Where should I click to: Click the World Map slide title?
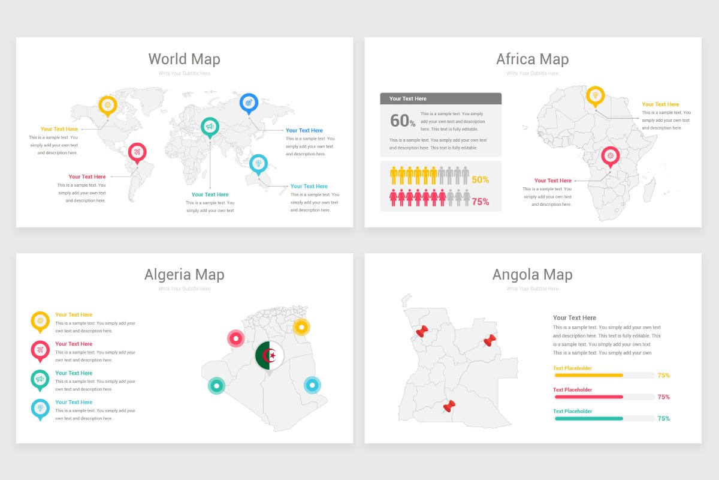tap(184, 59)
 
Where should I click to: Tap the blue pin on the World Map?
tap(249, 103)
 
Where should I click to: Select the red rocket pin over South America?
tap(137, 152)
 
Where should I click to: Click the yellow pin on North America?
tap(108, 105)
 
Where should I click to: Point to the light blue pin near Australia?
tap(258, 163)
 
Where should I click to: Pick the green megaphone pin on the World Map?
tap(210, 127)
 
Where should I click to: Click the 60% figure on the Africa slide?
tap(403, 121)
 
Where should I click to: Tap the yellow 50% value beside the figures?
tap(480, 179)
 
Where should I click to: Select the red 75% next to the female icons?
tap(480, 202)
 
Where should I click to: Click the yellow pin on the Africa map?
tap(596, 95)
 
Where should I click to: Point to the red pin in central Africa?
tap(610, 156)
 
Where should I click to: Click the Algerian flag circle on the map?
tap(270, 356)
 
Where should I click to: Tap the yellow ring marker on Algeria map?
tap(301, 327)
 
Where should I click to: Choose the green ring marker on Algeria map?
tap(216, 386)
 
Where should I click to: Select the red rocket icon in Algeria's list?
tap(40, 350)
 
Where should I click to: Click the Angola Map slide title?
tap(532, 275)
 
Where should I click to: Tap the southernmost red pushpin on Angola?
tap(449, 407)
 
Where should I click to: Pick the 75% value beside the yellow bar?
tap(663, 376)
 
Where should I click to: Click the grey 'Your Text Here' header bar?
tap(440, 98)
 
